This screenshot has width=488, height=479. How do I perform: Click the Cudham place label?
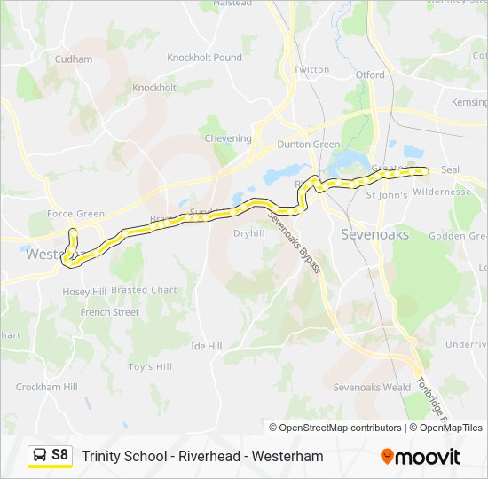[x=74, y=59]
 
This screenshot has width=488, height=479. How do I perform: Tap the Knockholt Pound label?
[x=205, y=58]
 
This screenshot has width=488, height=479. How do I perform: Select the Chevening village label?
[x=228, y=138]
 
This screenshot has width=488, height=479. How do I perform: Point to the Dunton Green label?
[x=309, y=145]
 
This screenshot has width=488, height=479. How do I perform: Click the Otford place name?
[x=370, y=75]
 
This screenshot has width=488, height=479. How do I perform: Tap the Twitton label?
[x=311, y=69]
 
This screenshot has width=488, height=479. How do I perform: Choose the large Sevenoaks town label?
[x=375, y=235]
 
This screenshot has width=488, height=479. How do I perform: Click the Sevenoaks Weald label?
[x=372, y=388]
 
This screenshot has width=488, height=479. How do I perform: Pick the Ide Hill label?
[x=206, y=346]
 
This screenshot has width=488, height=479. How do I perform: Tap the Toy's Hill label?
[x=149, y=366]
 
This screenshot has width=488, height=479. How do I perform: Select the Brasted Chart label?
[x=145, y=290]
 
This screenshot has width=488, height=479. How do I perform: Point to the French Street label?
[x=110, y=312]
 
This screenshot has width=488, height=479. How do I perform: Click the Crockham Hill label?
[x=46, y=387]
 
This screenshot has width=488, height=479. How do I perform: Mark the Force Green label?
[x=75, y=214]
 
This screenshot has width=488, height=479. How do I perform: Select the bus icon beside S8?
[x=40, y=455]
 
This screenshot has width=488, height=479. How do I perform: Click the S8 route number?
[x=59, y=455]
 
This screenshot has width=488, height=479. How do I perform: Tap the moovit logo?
[x=421, y=457]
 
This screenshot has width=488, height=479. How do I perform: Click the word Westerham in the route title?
[x=287, y=457]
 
